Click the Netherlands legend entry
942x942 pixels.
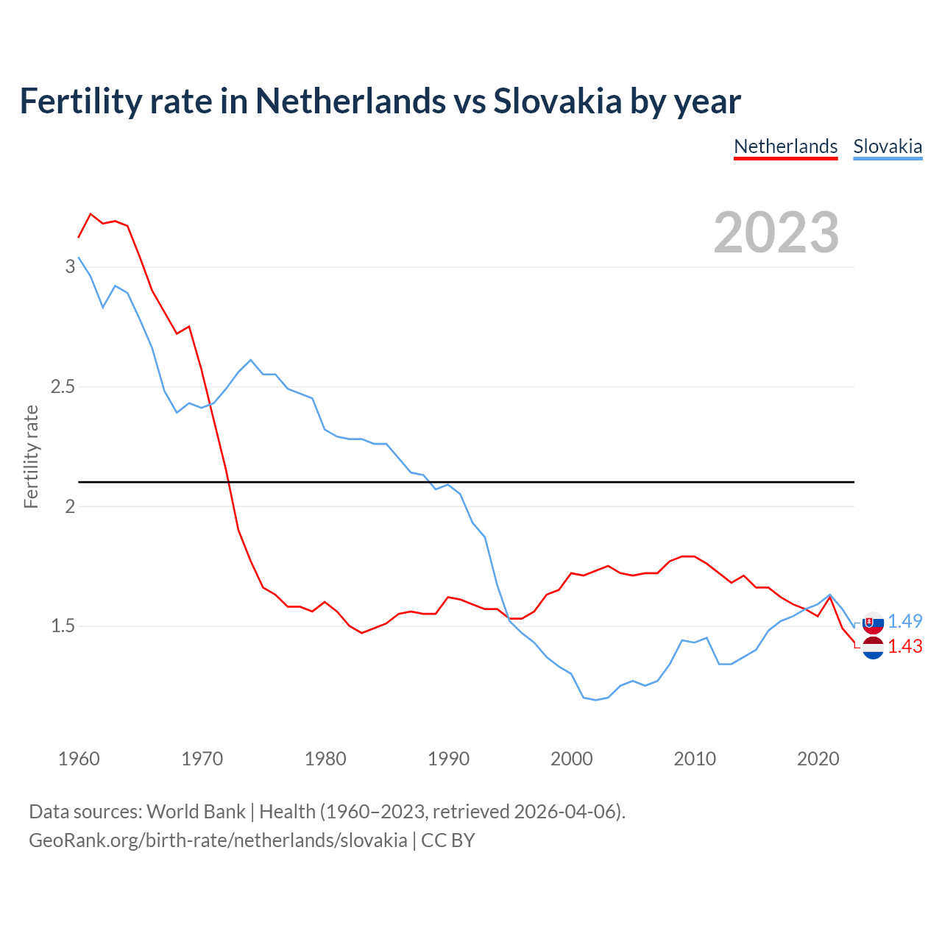[x=785, y=146]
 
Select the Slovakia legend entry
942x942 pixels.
[x=888, y=146]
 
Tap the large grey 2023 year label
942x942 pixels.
[x=776, y=233]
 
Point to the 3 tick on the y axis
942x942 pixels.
[x=71, y=266]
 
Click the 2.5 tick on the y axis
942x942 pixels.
[x=63, y=386]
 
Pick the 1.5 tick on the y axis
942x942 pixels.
[x=63, y=626]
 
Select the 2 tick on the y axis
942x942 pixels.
[x=71, y=506]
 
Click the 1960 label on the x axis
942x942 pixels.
[x=79, y=759]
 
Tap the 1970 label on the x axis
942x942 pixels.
[x=202, y=759]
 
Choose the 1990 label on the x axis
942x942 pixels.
[x=448, y=759]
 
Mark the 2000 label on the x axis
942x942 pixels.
[x=571, y=759]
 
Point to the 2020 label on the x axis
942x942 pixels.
[x=818, y=759]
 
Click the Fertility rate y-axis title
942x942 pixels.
[x=31, y=456]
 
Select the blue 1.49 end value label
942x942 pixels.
[x=904, y=621]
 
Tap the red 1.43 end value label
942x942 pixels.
[x=904, y=646]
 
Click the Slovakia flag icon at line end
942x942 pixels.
[x=873, y=623]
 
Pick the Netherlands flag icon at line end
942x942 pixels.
[x=873, y=648]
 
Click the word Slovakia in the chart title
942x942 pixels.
[x=557, y=101]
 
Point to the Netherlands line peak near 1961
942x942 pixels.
[x=91, y=214]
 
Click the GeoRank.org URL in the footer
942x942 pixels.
[x=218, y=840]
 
